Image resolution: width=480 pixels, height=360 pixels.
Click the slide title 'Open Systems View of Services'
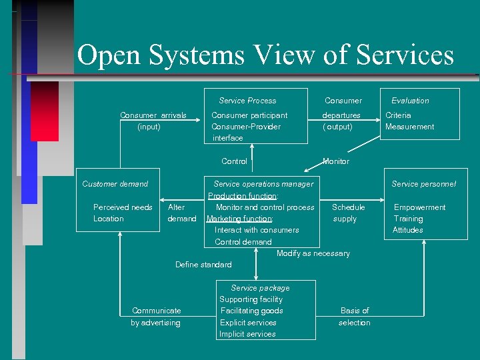[265, 55]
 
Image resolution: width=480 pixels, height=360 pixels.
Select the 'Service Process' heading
[247, 101]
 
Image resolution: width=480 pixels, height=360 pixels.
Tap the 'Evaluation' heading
[410, 101]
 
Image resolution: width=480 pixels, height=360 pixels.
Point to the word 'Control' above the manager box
[234, 161]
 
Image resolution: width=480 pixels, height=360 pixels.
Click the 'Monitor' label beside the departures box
[335, 161]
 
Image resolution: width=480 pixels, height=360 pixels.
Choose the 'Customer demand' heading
[115, 184]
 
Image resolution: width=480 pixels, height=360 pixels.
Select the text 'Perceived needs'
[123, 207]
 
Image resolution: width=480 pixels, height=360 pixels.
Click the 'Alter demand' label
[181, 213]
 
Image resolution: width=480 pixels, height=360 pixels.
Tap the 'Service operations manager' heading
[263, 184]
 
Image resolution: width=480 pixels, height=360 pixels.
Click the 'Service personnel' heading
[423, 184]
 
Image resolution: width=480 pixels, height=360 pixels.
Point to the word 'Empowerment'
[419, 207]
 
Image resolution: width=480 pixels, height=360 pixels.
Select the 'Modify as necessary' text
[313, 253]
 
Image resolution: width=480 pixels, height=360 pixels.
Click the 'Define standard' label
[203, 265]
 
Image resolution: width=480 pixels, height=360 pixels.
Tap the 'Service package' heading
[260, 288]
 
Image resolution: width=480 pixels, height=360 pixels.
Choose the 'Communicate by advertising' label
[156, 317]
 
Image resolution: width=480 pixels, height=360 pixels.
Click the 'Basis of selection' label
[354, 317]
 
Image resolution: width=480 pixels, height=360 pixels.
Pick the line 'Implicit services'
[247, 334]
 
